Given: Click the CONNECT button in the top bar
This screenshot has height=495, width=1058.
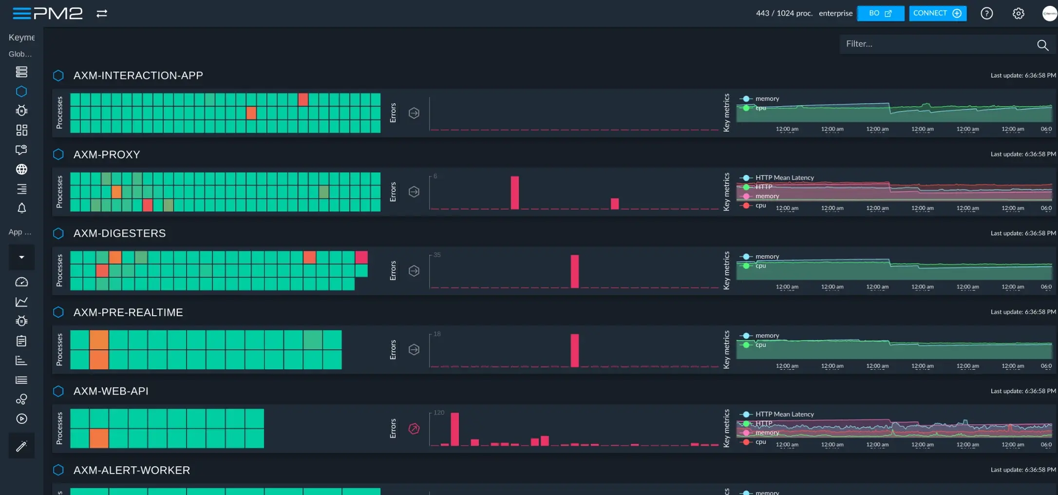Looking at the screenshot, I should click(x=937, y=14).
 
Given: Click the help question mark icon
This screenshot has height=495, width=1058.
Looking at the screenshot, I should click(x=986, y=14).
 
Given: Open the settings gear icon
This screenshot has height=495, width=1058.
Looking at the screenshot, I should click(x=1018, y=14).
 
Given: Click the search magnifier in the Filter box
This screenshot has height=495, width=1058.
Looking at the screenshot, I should click(x=1042, y=45).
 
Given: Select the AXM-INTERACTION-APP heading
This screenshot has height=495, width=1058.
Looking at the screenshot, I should click(x=138, y=76).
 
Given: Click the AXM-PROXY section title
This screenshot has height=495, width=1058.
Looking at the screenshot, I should click(x=107, y=154).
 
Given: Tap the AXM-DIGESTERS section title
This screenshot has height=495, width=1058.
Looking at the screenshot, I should click(x=119, y=233).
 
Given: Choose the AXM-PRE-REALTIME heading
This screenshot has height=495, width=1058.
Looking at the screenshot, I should click(x=128, y=312).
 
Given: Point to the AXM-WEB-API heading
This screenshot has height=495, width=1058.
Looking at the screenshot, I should click(x=111, y=391).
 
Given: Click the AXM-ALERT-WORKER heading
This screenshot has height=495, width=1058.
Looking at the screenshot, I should click(x=132, y=470).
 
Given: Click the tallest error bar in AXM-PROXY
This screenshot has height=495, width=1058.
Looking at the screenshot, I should click(x=514, y=192).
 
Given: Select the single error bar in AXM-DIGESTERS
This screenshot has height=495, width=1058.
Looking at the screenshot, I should click(x=575, y=271).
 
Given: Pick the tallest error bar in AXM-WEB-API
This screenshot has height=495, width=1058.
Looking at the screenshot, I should click(x=454, y=429).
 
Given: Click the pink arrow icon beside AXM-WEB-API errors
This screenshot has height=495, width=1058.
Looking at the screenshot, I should click(x=414, y=429).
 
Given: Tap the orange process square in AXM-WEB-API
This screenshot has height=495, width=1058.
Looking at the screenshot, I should click(x=99, y=438).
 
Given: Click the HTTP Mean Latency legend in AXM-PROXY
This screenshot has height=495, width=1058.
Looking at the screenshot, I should click(x=784, y=178).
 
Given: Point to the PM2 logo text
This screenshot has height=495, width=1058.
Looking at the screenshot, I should click(x=58, y=14).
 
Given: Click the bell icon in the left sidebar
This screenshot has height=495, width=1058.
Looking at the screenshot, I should click(x=21, y=209).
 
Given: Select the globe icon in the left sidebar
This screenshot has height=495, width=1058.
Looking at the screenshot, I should click(x=21, y=169).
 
